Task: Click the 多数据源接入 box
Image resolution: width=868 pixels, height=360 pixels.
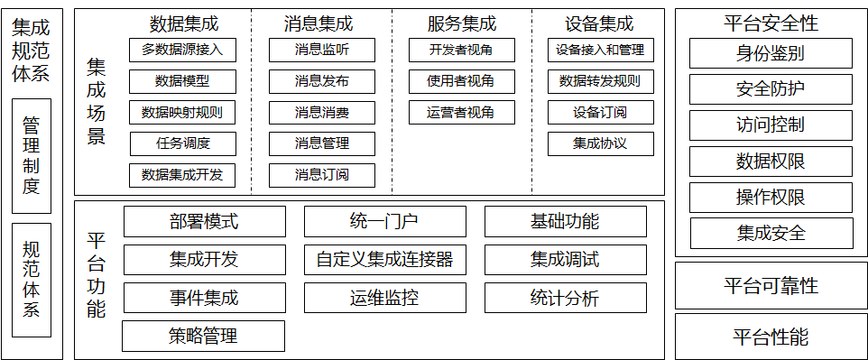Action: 182,50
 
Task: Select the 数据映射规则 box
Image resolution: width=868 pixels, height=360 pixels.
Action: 182,113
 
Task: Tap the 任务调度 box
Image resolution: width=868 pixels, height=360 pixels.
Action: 182,143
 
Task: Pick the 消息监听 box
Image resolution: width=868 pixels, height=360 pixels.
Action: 322,50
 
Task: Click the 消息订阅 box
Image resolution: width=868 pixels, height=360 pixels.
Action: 322,174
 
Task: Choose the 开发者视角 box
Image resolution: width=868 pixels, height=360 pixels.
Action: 461,50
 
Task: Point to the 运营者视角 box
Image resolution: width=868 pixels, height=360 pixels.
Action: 461,113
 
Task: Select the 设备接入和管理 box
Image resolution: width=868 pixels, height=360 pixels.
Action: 600,50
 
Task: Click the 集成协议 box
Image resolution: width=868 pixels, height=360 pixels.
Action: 600,143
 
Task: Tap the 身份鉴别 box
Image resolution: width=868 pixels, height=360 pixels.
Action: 771,53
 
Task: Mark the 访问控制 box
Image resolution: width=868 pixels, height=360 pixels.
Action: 771,125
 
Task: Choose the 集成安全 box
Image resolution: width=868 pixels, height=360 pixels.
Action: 771,233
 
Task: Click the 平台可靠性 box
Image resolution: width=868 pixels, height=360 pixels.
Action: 771,286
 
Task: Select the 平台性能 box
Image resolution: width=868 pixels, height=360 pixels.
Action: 771,337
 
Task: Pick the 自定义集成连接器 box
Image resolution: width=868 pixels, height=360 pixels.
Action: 384,260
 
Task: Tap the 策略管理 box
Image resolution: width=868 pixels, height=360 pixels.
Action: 203,336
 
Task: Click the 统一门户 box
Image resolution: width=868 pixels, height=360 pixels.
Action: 384,221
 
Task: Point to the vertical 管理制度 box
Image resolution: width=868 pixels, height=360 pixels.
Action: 32,155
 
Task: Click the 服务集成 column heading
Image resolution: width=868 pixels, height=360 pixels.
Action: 461,23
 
